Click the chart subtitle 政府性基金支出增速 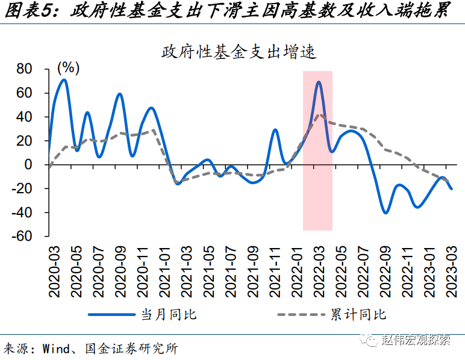click(239, 52)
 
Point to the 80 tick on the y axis click(24, 69)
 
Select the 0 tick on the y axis click(28, 164)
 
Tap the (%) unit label click(68, 67)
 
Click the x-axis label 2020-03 click(54, 269)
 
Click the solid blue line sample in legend click(111, 314)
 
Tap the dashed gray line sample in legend click(301, 314)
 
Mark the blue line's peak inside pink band click(319, 82)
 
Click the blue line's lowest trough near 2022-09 click(385, 213)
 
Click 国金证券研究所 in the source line click(136, 349)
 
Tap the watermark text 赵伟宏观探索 click(417, 341)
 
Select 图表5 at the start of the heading click(29, 11)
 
